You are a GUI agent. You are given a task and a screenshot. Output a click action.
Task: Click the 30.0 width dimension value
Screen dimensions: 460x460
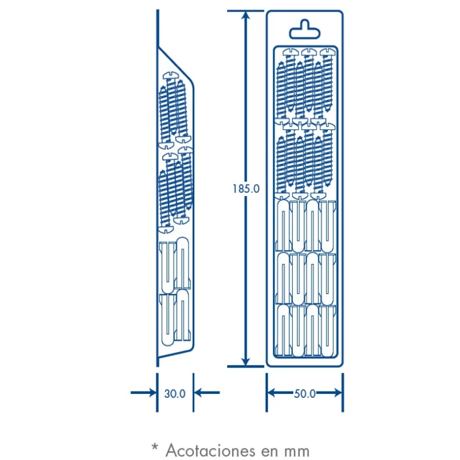[175, 394]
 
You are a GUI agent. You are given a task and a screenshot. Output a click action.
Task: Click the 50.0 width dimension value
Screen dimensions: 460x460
[305, 394]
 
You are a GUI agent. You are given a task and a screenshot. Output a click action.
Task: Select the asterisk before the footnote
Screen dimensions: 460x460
[154, 446]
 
